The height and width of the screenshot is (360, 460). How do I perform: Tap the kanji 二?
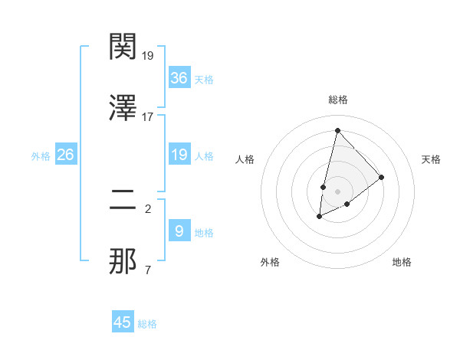point(123,201)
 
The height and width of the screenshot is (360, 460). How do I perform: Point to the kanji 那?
point(123,262)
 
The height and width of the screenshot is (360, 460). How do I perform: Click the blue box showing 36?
point(179,78)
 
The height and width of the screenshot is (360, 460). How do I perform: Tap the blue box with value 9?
point(179,231)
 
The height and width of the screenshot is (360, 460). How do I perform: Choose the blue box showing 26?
point(66,155)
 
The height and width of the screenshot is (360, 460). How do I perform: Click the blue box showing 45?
point(123,322)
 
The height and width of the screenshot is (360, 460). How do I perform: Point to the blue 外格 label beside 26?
point(41,155)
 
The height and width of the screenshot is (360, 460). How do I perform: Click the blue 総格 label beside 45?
point(147,324)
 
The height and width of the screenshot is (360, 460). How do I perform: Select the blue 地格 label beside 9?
point(204,232)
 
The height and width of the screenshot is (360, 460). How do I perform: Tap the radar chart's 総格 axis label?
point(337,100)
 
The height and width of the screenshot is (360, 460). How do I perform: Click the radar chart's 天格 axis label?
point(431,159)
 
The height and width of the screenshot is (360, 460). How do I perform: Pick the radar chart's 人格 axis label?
point(245,159)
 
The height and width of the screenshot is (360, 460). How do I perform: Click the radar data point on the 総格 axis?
point(337,130)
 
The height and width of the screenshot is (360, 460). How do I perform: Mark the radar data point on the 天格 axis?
point(381,177)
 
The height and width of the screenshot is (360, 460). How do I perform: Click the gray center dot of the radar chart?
point(337,191)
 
